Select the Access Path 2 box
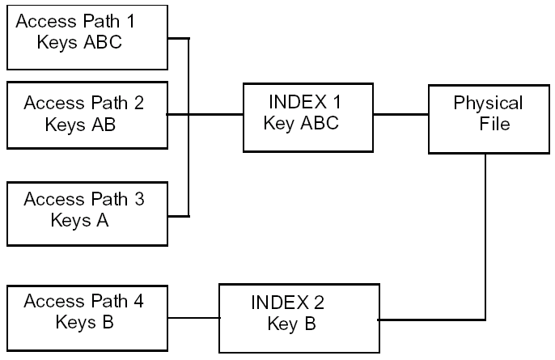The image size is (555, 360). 86,114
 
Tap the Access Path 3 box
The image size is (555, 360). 86,213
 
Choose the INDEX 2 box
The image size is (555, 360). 299,317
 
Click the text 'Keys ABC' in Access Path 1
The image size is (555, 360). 79,43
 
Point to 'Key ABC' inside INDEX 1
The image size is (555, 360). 301,124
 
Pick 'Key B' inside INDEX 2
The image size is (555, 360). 291,324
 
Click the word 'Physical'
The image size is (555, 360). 488,104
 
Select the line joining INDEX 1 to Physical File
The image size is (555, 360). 400,114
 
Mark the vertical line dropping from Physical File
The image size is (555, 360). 485,235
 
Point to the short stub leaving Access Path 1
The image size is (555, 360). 177,37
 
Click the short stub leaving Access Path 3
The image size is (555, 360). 177,216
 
